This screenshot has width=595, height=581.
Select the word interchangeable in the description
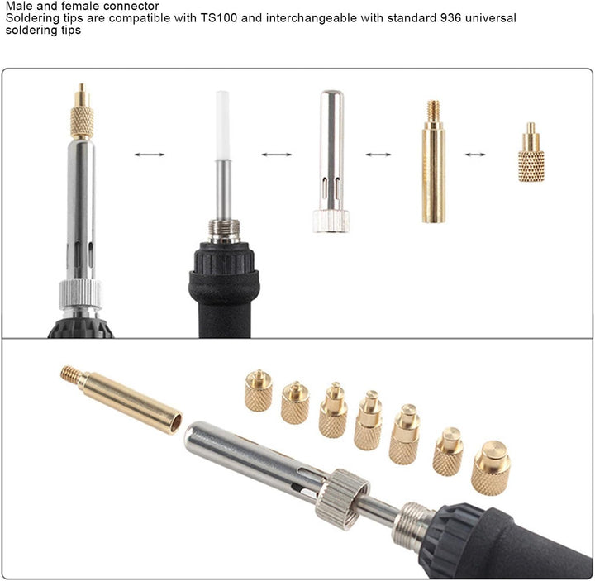[x=312, y=18]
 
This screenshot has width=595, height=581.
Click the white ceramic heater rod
[x=223, y=126]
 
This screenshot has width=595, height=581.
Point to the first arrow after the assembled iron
[x=150, y=155]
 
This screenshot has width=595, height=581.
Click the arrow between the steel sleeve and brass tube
[x=378, y=155]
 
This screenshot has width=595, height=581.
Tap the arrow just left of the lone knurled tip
[x=475, y=155]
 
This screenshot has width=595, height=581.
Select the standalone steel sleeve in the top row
[x=331, y=161]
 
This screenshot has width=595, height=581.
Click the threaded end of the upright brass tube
[x=433, y=111]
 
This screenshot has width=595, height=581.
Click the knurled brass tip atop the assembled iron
[x=82, y=112]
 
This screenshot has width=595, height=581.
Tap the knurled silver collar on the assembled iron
[x=80, y=294]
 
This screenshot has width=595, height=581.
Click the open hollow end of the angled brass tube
[x=176, y=423]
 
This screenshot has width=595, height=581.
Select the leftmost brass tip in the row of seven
[x=259, y=390]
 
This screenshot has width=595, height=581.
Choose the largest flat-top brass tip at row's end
[x=491, y=468]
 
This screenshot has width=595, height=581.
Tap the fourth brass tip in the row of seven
[x=368, y=421]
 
